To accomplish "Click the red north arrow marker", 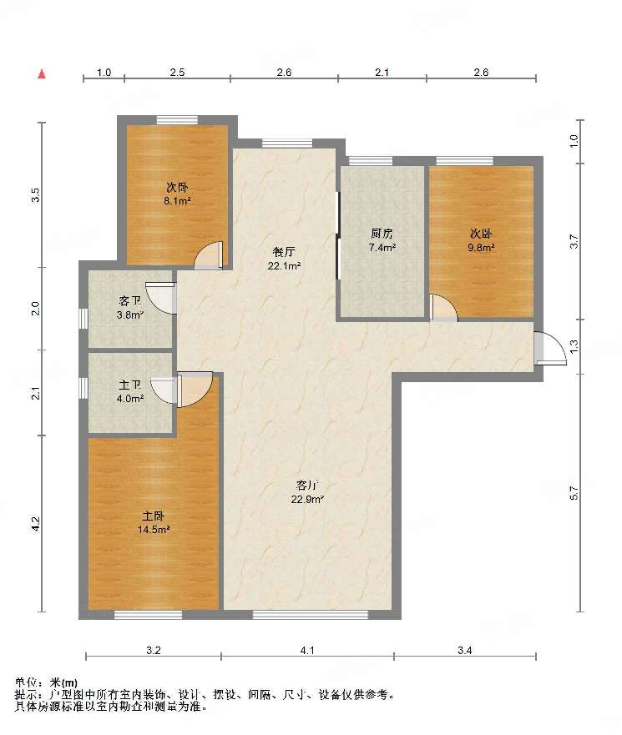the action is [x=42, y=73].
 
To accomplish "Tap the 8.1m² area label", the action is [x=177, y=201].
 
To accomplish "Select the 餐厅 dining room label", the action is [x=284, y=252].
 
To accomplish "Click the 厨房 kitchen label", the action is [x=382, y=234].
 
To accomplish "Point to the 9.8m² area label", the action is [x=481, y=248].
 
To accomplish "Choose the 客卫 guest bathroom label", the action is [x=130, y=301].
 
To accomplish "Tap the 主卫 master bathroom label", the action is [x=130, y=385].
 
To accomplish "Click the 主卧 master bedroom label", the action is [x=154, y=516].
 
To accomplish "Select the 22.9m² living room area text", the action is [x=307, y=499].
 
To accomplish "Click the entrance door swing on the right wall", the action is [x=552, y=348].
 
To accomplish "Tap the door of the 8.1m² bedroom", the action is [x=209, y=255].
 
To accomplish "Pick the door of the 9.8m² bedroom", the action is [x=444, y=308].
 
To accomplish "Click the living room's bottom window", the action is [x=311, y=615].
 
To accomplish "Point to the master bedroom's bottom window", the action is [x=149, y=615].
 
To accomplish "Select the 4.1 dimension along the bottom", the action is [x=307, y=650].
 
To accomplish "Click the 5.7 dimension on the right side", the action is [x=574, y=493].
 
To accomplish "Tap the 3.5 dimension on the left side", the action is [x=35, y=194].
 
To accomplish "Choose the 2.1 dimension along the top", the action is [x=382, y=73].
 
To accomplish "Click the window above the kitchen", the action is [x=371, y=161].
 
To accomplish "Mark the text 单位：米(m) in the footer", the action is [x=46, y=682].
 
